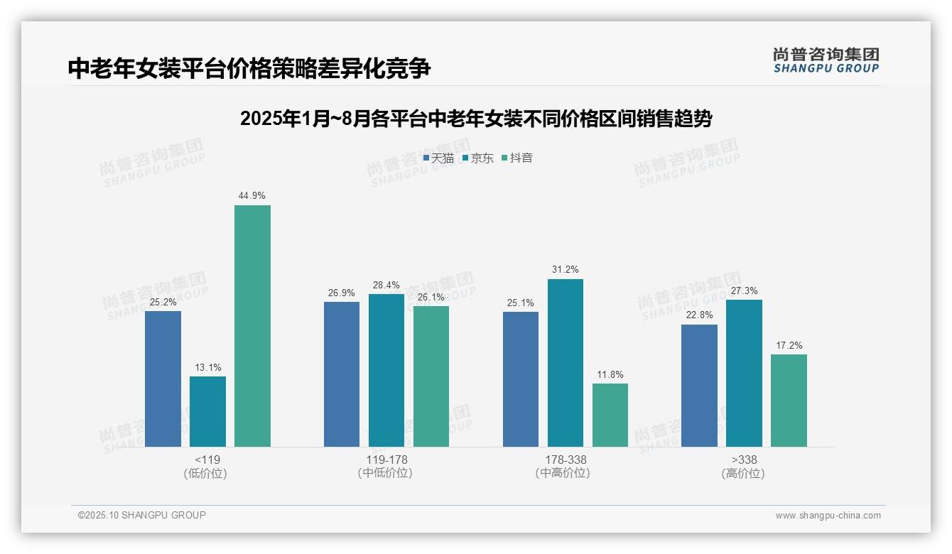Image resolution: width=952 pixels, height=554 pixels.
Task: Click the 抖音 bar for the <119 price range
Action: coord(252,326)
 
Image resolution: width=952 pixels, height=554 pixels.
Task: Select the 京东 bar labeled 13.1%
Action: coord(207,411)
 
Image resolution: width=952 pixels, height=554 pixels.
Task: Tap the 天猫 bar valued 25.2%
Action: coord(163,379)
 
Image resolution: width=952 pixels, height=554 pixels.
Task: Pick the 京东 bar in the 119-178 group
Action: coord(386,370)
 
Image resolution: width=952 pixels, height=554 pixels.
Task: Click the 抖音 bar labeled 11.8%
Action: coord(610,415)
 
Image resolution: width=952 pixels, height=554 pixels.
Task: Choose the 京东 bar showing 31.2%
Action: coord(566,363)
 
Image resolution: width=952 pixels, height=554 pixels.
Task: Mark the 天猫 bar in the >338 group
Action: coord(699,386)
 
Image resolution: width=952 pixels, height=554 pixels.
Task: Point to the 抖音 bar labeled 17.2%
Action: coord(789,401)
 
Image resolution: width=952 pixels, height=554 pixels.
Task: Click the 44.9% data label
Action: coord(252,195)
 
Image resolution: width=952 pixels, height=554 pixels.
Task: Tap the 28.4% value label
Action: coord(386,285)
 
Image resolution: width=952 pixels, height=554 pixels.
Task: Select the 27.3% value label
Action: coord(744,290)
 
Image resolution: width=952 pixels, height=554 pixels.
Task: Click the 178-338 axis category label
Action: coord(566,460)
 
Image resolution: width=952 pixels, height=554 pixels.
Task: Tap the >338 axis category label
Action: coord(744,460)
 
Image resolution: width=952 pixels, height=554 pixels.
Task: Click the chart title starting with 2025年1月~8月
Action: coord(476,119)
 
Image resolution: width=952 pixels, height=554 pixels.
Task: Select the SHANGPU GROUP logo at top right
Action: coord(826,60)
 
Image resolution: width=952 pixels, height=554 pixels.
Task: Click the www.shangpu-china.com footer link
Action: coord(828,515)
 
